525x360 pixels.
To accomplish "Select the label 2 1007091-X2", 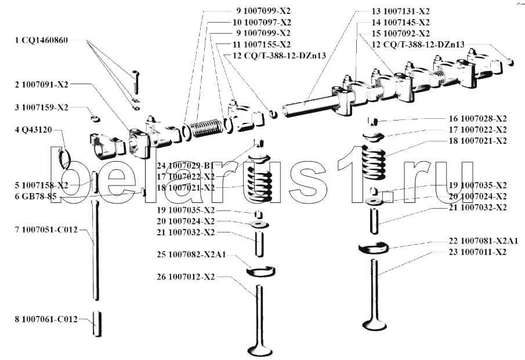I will (x=42, y=85).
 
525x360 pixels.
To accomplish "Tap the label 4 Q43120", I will (x=34, y=130).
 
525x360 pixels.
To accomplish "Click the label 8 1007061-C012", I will (x=46, y=318).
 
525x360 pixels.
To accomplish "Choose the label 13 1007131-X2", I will (x=400, y=12).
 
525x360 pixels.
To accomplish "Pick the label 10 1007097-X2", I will (x=262, y=22).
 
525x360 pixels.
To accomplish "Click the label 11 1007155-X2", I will (x=262, y=44).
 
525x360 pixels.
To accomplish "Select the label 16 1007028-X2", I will (x=477, y=118).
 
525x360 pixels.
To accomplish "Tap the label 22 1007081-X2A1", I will (x=482, y=241).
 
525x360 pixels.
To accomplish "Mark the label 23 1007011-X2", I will (x=477, y=252).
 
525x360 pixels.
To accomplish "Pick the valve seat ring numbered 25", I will (x=262, y=271).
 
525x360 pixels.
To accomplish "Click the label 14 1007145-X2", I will (x=400, y=23).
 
